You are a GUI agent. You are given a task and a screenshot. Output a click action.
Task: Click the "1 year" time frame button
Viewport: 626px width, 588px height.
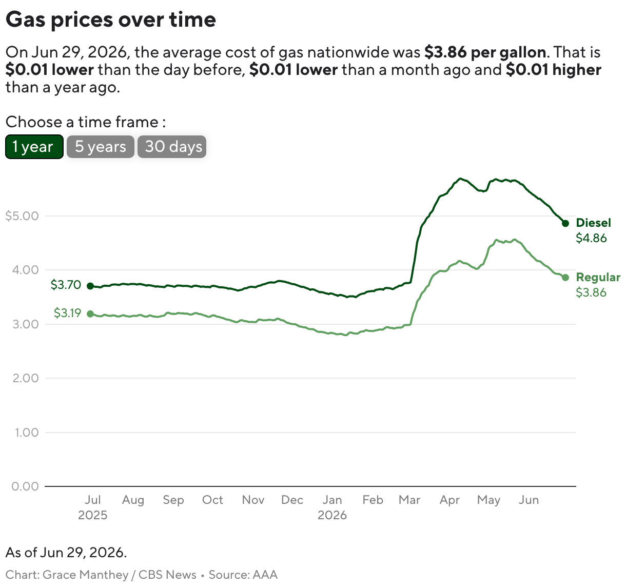tap(34, 147)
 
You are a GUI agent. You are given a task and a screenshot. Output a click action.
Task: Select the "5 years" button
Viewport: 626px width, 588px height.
tap(100, 147)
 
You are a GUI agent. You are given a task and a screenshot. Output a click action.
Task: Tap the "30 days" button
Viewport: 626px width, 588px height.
tap(172, 147)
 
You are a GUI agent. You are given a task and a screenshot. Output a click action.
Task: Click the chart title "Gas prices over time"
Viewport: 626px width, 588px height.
tap(111, 20)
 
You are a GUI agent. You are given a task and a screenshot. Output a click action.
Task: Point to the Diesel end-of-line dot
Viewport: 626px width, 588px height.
tap(565, 223)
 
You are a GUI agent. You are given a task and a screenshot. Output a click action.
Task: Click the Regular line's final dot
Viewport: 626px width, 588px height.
tap(565, 278)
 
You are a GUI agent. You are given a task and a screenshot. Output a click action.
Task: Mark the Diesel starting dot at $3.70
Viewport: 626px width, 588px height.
tap(90, 286)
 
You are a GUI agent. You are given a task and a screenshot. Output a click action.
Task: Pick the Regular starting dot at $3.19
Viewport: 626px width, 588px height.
tap(90, 313)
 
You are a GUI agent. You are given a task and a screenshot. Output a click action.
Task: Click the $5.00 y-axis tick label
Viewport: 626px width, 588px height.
tap(22, 216)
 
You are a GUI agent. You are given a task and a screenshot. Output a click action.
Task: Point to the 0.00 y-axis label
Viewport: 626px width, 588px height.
tap(25, 486)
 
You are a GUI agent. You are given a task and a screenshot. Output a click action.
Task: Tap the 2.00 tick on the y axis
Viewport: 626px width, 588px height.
tap(26, 378)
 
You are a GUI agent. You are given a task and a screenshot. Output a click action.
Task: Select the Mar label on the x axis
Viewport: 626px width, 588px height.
tap(409, 500)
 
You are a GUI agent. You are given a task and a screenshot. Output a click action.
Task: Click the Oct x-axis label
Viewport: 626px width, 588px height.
tap(212, 500)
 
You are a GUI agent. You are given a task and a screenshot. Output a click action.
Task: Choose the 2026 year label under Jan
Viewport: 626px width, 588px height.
tap(332, 515)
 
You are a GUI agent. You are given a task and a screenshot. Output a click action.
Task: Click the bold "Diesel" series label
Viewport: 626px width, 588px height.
tap(594, 223)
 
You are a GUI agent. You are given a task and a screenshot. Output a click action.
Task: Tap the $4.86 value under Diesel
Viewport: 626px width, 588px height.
tap(591, 238)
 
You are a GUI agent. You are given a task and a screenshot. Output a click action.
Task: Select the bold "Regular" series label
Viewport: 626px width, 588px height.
tap(598, 277)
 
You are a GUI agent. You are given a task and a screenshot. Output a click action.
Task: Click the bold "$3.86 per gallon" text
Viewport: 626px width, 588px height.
tap(485, 52)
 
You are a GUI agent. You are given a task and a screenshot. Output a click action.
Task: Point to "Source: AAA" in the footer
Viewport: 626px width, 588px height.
tap(243, 575)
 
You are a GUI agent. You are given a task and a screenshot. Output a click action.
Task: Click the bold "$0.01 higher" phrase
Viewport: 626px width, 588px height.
tap(554, 70)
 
